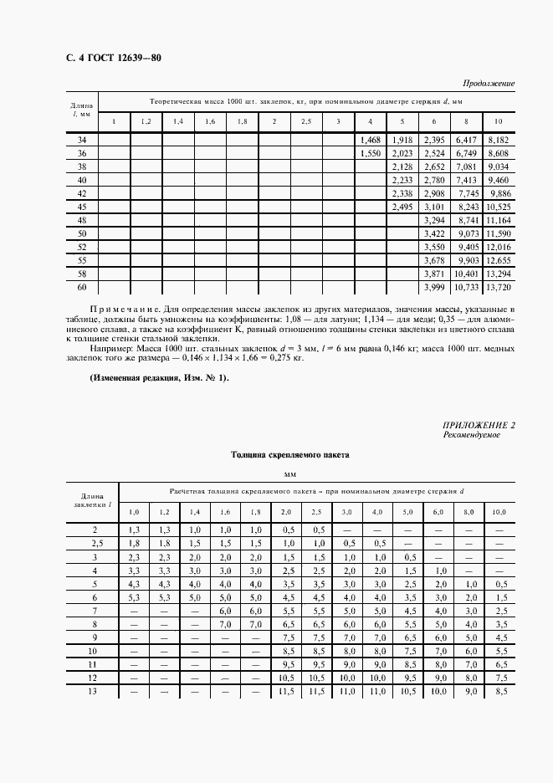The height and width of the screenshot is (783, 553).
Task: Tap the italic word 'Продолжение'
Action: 489,84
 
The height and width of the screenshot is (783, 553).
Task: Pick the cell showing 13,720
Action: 498,287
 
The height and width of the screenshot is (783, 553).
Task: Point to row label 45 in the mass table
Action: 82,207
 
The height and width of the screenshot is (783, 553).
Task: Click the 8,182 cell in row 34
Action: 498,141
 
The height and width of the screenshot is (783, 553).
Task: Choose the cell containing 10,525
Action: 498,207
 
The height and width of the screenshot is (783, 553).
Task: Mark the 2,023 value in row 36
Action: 402,154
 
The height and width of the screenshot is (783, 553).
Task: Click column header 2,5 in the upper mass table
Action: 306,122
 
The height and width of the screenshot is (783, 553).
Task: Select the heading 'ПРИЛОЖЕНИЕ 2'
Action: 479,427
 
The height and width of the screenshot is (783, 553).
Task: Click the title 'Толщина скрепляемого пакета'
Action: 289,455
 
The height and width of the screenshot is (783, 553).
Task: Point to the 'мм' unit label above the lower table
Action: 290,474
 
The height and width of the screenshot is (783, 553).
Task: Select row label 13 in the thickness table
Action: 94,691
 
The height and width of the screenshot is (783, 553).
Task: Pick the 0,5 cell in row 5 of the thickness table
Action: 499,584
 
